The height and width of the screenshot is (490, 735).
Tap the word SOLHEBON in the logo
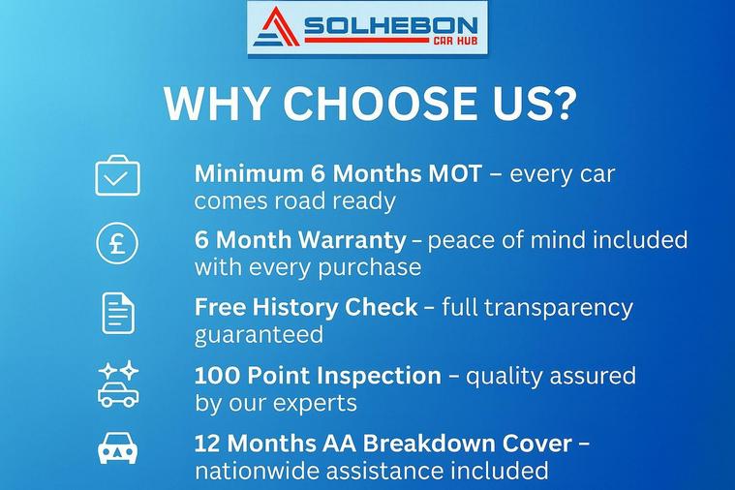[391, 25]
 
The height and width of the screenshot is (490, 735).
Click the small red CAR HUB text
[455, 41]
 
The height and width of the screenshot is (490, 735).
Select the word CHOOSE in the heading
[381, 104]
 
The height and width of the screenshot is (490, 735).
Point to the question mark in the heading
[561, 103]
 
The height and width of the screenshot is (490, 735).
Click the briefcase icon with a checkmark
[117, 175]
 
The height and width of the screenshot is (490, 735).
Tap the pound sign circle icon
[117, 243]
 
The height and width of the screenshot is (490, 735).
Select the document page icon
[118, 313]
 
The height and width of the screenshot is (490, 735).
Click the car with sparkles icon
[118, 384]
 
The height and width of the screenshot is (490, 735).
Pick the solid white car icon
[117, 447]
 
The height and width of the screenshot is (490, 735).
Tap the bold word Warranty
[352, 240]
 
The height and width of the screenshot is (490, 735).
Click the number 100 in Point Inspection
[217, 376]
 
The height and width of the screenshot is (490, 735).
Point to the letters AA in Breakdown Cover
[339, 444]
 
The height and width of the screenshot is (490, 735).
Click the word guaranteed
[259, 335]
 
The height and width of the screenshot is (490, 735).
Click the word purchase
[369, 268]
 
